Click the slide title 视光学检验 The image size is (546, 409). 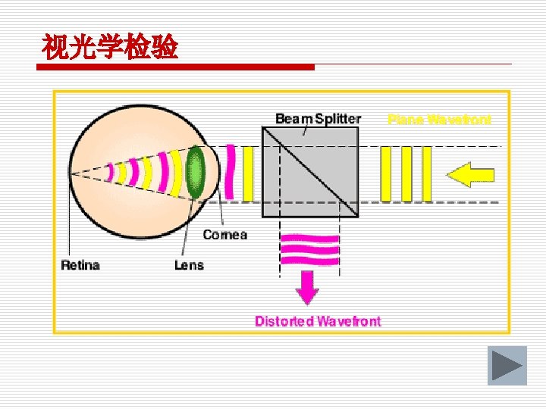(x=110, y=48)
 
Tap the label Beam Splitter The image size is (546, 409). (x=318, y=119)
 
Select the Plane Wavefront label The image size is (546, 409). (x=439, y=119)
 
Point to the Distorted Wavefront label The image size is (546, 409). (x=318, y=321)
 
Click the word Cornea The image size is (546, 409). (x=224, y=235)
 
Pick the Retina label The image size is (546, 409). (x=80, y=265)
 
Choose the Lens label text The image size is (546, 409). (x=189, y=265)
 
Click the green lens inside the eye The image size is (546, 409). (x=196, y=173)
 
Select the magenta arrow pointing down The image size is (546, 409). (x=307, y=286)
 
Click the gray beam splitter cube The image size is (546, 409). (x=309, y=173)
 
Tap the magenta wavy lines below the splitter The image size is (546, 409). (x=310, y=250)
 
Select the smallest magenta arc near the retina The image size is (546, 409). (x=110, y=173)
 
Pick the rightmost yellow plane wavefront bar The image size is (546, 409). (x=426, y=174)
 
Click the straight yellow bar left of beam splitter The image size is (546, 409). (x=248, y=173)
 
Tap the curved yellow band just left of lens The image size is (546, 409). (x=177, y=173)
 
